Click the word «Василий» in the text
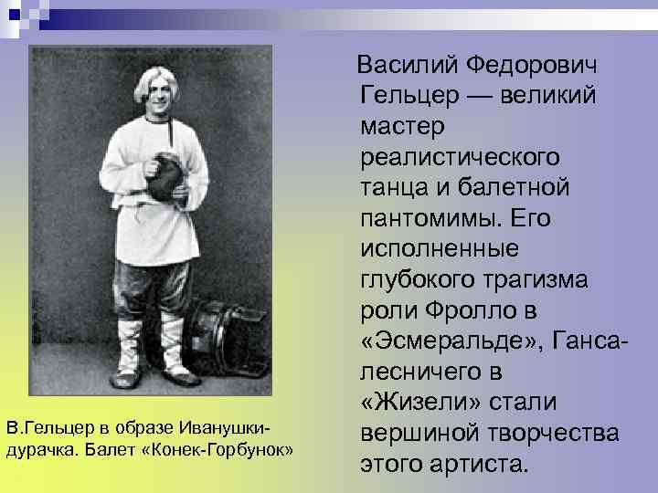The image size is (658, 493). (408, 66)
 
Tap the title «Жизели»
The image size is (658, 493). (411, 404)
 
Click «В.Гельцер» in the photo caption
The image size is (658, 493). (40, 427)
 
